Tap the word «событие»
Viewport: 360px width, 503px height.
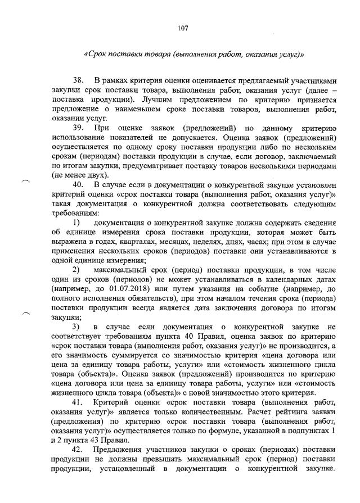(281, 289)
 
